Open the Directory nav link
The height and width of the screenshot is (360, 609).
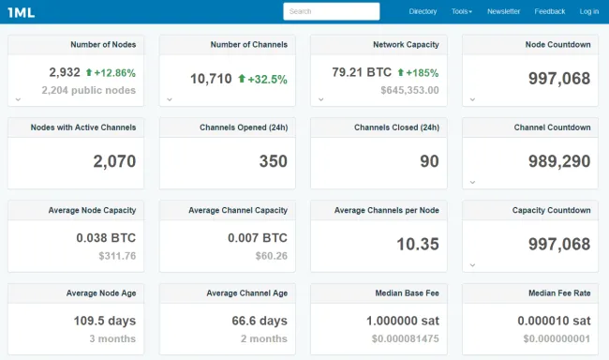(x=423, y=11)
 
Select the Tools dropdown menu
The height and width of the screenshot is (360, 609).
(x=461, y=11)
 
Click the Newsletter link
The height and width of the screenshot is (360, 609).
(x=503, y=11)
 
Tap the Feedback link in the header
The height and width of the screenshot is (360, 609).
(x=550, y=11)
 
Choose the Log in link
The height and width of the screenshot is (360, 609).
(x=588, y=11)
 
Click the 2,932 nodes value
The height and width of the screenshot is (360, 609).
(x=64, y=72)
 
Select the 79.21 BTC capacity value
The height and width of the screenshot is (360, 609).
(x=361, y=72)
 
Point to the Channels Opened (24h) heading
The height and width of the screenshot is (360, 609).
(x=244, y=127)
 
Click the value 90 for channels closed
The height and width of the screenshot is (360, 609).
(x=429, y=161)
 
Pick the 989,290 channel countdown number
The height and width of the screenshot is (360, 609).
(x=558, y=161)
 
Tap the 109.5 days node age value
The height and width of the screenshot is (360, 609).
(x=105, y=321)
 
